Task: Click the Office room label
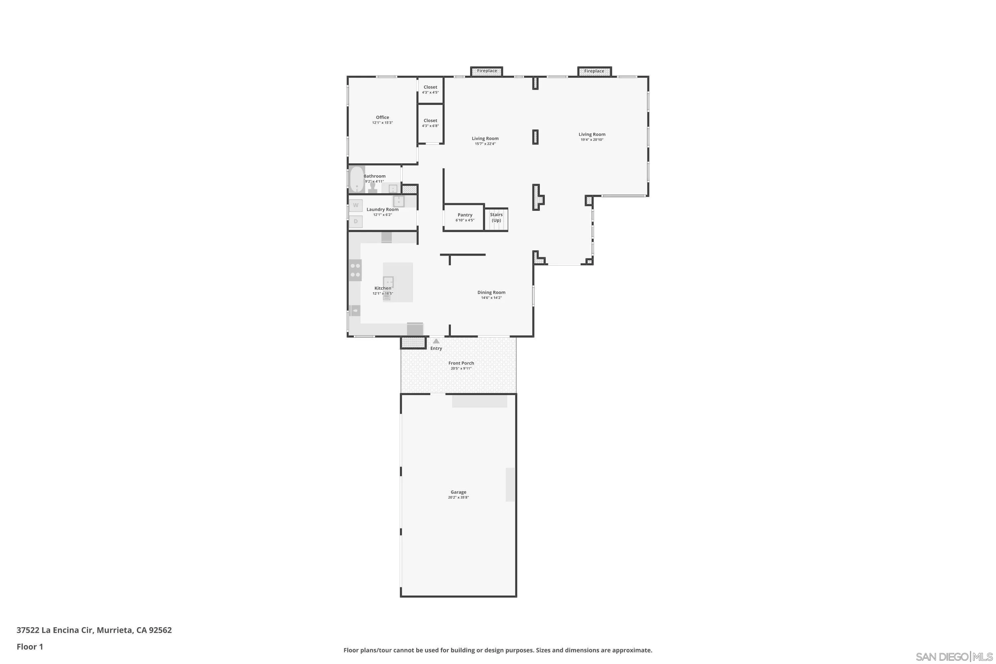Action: (x=382, y=117)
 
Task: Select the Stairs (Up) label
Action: (x=496, y=217)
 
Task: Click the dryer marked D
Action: (x=356, y=221)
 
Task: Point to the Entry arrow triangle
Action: (x=436, y=341)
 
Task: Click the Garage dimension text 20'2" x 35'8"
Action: (x=458, y=498)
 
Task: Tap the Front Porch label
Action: (x=461, y=363)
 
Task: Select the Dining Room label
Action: (x=491, y=292)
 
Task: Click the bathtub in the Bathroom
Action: (x=357, y=180)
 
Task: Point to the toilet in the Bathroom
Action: (x=373, y=188)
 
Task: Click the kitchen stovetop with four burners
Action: (x=355, y=270)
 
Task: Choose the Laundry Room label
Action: (x=382, y=209)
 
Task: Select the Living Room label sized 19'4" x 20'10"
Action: (x=592, y=135)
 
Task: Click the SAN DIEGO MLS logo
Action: (x=955, y=657)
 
